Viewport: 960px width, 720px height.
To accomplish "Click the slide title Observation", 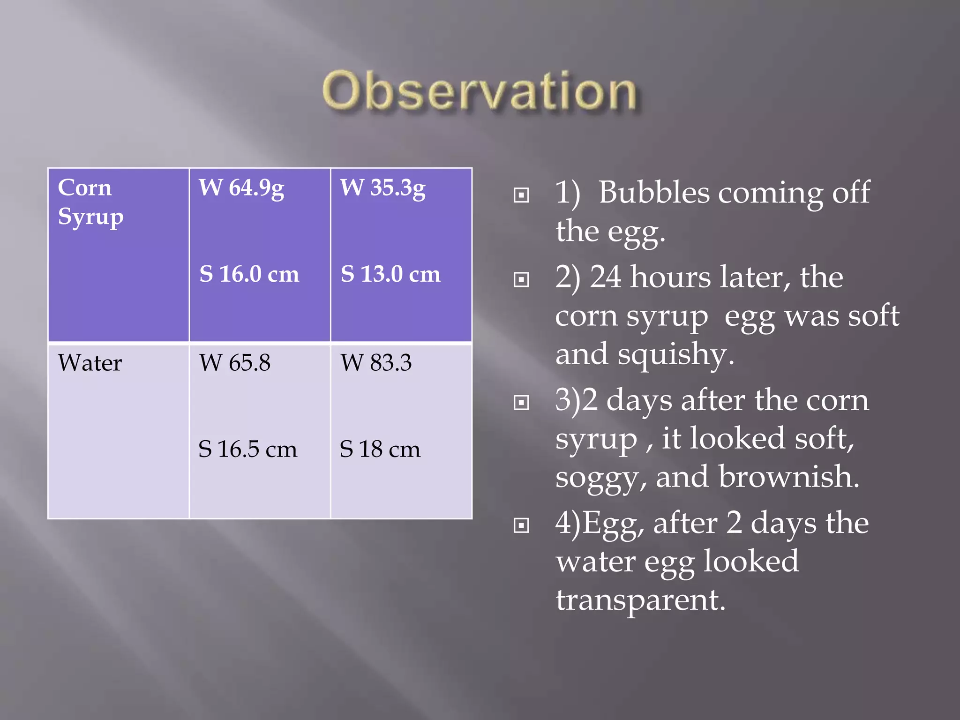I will click(479, 91).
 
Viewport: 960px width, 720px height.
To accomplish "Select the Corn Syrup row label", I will click(90, 202).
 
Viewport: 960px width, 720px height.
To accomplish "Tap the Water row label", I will click(90, 363).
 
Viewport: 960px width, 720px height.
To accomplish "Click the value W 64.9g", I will click(241, 188).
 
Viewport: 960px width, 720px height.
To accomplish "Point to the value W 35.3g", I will click(383, 188).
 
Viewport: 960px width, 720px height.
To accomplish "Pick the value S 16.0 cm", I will click(249, 274).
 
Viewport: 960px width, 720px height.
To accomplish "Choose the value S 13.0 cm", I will click(390, 274).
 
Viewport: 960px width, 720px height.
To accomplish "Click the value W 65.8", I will click(235, 363).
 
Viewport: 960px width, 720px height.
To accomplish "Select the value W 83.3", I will click(376, 363).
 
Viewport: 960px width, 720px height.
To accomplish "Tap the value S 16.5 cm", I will click(247, 449).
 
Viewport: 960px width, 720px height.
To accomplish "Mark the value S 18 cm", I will click(380, 449).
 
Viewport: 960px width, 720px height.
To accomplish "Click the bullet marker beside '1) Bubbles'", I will click(521, 195).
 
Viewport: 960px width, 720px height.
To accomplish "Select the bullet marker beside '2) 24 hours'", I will click(521, 280).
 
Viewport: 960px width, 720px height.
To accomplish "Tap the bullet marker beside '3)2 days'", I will click(521, 403).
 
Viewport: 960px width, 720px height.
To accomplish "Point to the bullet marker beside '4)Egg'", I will click(521, 525).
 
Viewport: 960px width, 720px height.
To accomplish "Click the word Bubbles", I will click(654, 192).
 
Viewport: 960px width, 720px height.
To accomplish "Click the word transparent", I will click(640, 600).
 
